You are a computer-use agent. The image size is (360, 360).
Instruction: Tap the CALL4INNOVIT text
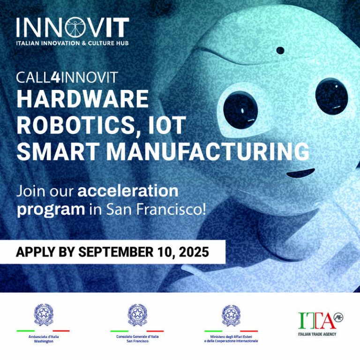(x=67, y=77)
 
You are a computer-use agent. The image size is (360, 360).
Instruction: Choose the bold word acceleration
(x=128, y=191)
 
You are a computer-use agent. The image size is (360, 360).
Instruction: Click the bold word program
(x=51, y=209)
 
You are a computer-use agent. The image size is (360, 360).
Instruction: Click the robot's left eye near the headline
(x=240, y=111)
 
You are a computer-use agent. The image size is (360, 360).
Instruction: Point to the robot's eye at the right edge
(x=331, y=97)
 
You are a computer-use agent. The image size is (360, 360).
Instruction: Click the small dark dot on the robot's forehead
(x=280, y=50)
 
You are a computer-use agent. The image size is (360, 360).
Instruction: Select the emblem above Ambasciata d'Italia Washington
(x=43, y=315)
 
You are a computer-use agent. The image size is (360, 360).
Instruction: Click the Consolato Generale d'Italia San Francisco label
(x=137, y=339)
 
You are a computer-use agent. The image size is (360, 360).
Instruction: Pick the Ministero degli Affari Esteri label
(x=231, y=339)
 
